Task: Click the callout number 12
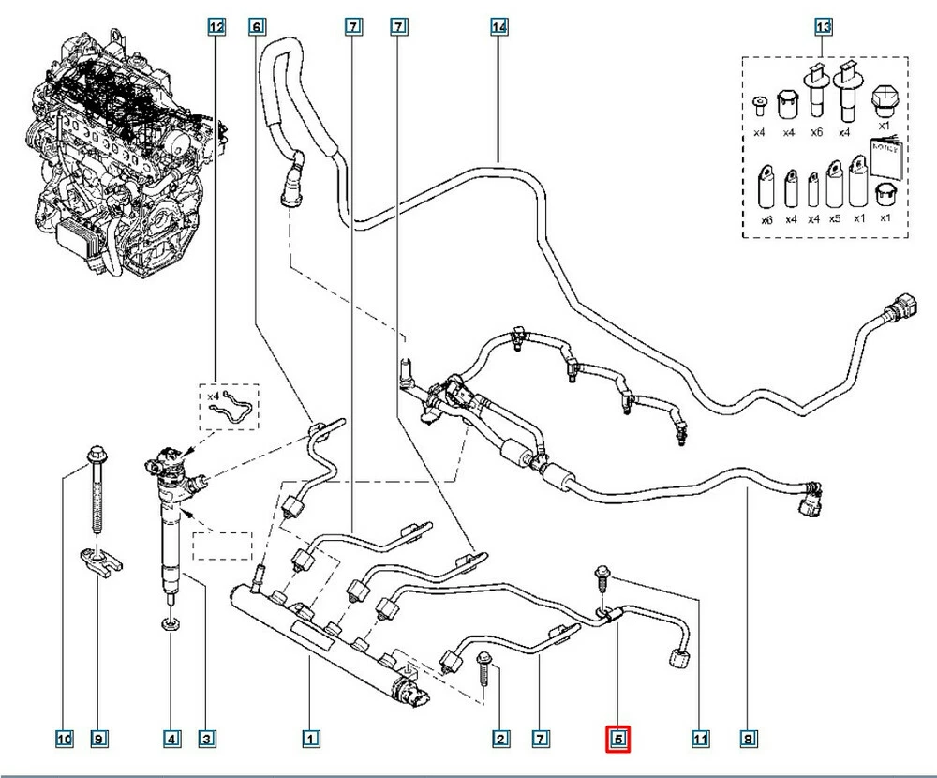tap(216, 28)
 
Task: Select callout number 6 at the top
tap(257, 28)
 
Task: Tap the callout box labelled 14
tap(499, 28)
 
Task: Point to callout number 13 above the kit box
tap(823, 28)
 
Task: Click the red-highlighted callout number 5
tap(618, 740)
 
